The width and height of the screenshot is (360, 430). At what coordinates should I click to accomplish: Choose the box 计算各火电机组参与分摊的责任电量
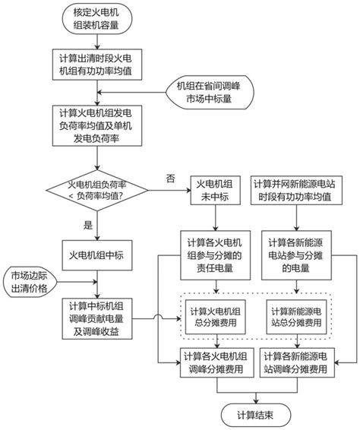click(x=218, y=255)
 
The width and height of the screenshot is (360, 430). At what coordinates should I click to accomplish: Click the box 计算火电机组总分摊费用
click(x=218, y=318)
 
